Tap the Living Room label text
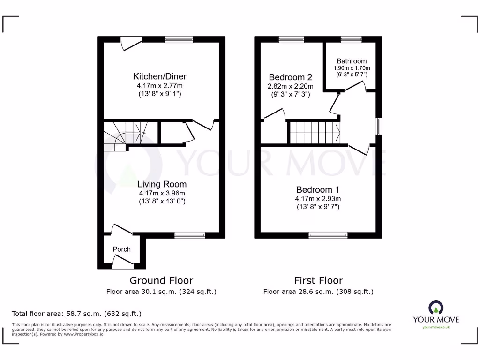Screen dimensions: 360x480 click(x=162, y=184)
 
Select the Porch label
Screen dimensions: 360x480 click(x=121, y=249)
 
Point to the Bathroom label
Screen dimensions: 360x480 click(x=352, y=61)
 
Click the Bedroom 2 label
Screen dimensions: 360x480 click(x=290, y=77)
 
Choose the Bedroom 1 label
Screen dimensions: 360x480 click(x=318, y=190)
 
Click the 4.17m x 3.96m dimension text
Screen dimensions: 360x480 click(x=162, y=193)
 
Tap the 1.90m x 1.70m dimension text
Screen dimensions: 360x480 click(x=352, y=68)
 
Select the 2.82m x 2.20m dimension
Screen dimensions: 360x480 click(x=290, y=86)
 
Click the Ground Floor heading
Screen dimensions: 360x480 click(x=161, y=280)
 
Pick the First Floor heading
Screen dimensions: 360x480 click(x=318, y=280)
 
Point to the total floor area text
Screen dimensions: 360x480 click(x=76, y=314)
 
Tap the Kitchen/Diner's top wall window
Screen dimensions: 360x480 click(x=179, y=40)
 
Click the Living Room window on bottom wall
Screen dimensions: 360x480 click(x=190, y=235)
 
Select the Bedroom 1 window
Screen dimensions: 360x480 click(x=328, y=235)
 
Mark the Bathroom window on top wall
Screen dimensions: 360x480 click(x=351, y=40)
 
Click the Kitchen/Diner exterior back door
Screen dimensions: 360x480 click(x=131, y=43)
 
